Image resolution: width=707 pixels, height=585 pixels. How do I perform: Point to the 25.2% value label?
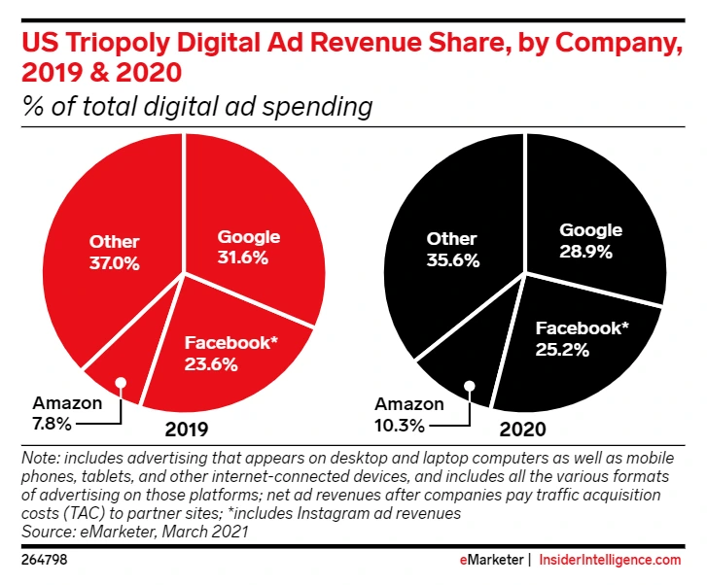pos(562,350)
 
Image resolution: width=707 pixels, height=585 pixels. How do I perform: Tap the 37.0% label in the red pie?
pos(115,262)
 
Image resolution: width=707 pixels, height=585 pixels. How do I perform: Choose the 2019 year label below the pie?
pos(188,428)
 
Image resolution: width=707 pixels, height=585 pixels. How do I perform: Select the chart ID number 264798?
pos(45,561)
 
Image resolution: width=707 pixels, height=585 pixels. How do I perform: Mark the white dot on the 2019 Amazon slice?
pos(121,382)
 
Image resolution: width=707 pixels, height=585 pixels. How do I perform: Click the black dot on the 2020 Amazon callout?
pos(470,385)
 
